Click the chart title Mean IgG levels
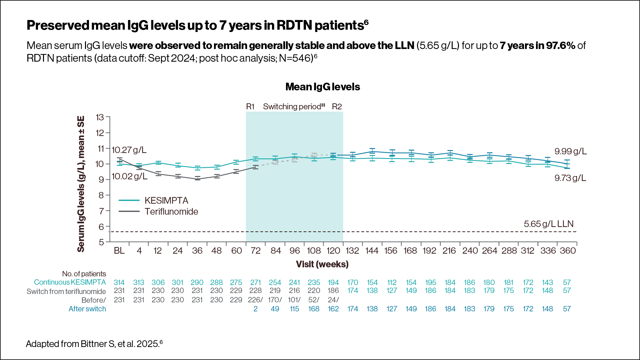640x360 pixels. coord(322,87)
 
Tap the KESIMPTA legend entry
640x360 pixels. coord(166,200)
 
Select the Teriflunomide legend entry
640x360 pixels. coord(171,212)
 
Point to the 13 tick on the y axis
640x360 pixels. coord(100,117)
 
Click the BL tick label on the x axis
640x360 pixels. coord(119,251)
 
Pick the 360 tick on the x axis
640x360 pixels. coord(568,251)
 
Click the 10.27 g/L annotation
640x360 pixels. coord(129,150)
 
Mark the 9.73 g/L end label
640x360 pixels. coord(570,178)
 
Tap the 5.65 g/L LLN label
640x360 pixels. coord(548,224)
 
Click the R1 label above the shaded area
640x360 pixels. coord(250,107)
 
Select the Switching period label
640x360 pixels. coord(293,107)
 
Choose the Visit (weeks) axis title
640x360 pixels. coord(322,264)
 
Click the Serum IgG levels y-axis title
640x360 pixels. coord(81,184)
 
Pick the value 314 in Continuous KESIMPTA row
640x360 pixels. coord(119,283)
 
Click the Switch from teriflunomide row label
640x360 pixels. coord(66,292)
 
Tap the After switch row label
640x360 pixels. coord(87,309)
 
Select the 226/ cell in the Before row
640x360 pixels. coord(255,300)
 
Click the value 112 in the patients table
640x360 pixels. coord(392,283)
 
